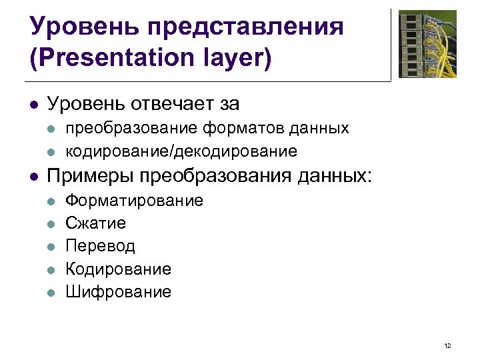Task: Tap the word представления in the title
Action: [247, 27]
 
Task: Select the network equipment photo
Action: [427, 44]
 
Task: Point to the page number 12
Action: [447, 345]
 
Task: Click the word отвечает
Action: [167, 104]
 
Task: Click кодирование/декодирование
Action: [181, 151]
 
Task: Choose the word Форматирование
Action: [134, 201]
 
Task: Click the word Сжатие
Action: [95, 223]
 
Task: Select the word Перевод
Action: [100, 246]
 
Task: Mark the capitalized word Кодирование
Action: [118, 269]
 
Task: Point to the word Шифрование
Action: [118, 291]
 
